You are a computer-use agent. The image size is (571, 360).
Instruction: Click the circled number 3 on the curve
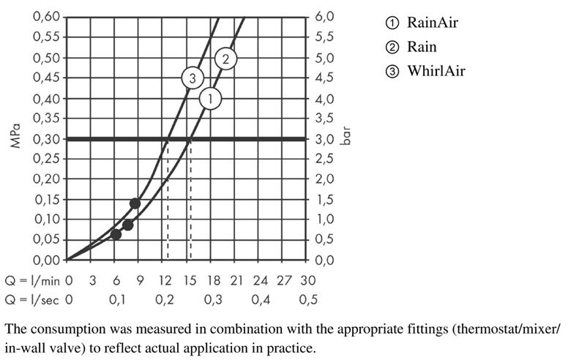point(193,78)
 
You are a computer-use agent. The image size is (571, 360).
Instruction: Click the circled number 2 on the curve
point(225,59)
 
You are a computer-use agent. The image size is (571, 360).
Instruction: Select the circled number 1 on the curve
point(211,98)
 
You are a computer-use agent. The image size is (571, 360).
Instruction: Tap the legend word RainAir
point(432,23)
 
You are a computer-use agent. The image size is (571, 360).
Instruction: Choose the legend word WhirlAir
point(436,71)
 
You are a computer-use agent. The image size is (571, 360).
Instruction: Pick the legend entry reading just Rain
point(422,47)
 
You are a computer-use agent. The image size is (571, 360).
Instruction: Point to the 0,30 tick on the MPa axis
point(46,139)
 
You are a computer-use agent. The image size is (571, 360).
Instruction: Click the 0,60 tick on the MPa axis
point(46,17)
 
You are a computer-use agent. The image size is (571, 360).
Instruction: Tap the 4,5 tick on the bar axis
point(324,78)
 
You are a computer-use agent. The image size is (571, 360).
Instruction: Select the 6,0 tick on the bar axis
point(324,17)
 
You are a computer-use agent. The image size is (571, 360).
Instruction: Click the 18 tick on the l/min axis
point(214,280)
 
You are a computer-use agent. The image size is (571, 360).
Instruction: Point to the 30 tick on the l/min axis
point(308,280)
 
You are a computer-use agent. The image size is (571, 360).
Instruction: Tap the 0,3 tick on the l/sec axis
point(213,300)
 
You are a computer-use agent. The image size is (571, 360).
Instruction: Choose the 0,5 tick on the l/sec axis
point(308,300)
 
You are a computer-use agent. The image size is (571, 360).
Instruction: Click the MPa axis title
point(15,136)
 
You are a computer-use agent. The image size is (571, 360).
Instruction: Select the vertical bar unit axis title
point(346,136)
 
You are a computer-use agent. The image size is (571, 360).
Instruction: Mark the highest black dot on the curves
point(135,203)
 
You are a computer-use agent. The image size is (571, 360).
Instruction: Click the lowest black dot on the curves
point(116,235)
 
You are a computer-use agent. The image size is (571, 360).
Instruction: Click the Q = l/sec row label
point(31,300)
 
